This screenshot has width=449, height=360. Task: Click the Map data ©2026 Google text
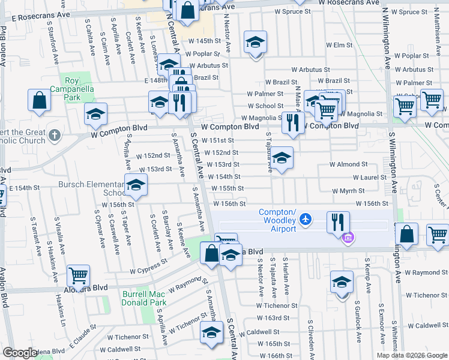[x=411, y=355]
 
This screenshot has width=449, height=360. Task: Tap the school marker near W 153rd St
[x=282, y=158]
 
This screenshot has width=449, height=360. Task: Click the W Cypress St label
[x=150, y=266]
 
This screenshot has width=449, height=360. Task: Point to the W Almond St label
[x=348, y=164]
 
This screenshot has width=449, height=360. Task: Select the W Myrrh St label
[x=348, y=190]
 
